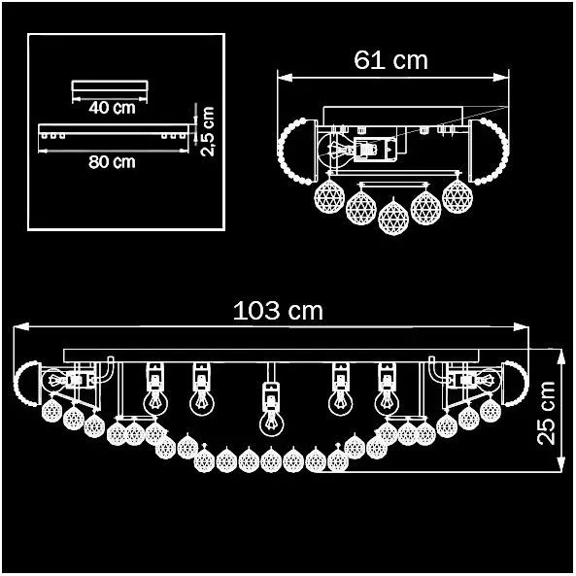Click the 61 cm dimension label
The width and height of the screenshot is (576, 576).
coord(390,60)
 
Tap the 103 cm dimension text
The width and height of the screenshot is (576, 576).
coord(278,311)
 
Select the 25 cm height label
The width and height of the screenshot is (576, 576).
coord(546,413)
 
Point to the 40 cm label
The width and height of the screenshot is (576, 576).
coord(112,108)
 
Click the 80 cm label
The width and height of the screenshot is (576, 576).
coord(112,162)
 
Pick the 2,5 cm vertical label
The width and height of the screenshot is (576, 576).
coord(208,131)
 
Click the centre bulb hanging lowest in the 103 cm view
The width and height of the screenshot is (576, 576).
coord(271,423)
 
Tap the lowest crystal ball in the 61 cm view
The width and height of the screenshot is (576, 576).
coord(393,217)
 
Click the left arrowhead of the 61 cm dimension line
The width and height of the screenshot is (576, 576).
coord(285,78)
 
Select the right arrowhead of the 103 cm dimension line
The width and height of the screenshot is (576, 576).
coord(522,326)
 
